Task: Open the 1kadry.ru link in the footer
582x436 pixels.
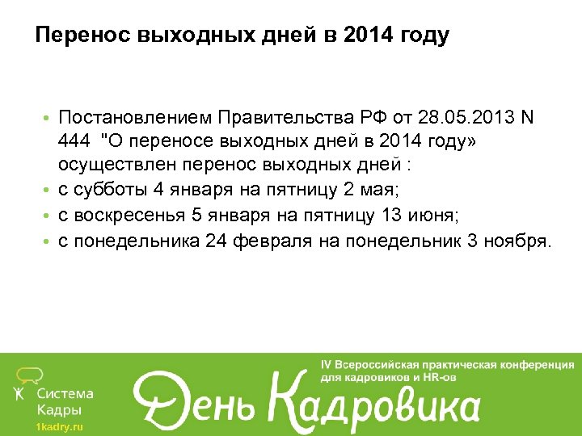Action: pyautogui.click(x=59, y=426)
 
